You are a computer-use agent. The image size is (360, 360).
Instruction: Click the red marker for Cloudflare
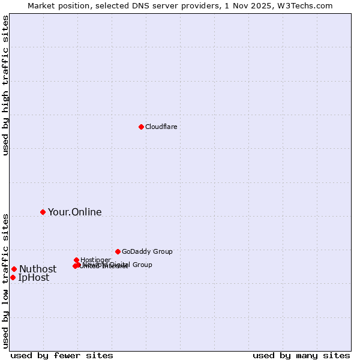click(x=141, y=127)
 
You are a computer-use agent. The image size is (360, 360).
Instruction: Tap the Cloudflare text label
click(x=161, y=127)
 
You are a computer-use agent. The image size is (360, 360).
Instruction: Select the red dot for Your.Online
click(x=43, y=212)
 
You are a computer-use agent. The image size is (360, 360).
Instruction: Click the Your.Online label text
click(x=74, y=212)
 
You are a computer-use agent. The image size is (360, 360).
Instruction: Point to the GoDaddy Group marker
click(x=118, y=251)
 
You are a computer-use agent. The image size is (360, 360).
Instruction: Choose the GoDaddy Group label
click(x=147, y=251)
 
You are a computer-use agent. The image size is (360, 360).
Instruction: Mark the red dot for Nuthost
click(x=14, y=269)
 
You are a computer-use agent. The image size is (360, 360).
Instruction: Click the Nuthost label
click(x=38, y=269)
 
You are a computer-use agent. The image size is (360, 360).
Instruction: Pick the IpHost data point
click(x=13, y=277)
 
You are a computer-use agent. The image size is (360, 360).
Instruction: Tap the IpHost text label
click(x=34, y=277)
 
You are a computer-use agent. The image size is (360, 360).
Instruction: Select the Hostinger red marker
click(x=76, y=260)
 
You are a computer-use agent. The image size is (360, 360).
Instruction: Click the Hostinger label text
click(x=95, y=260)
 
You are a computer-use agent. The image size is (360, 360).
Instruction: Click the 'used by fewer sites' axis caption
click(x=62, y=355)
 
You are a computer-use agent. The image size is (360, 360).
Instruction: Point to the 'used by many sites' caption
click(x=301, y=355)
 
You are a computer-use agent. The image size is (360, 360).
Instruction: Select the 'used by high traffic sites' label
click(x=6, y=85)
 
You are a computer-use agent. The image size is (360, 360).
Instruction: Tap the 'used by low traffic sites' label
click(x=6, y=280)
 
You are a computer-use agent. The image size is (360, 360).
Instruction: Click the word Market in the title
click(x=41, y=5)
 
